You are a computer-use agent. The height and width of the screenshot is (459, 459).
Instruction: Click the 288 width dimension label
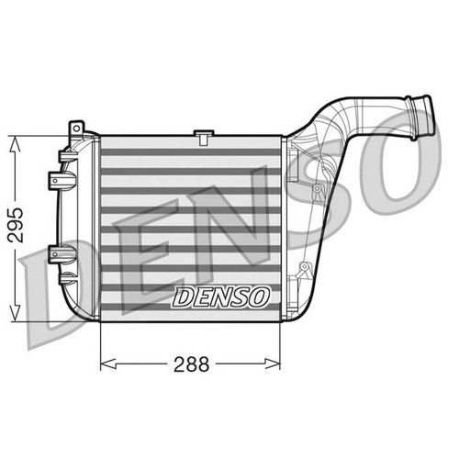(191, 363)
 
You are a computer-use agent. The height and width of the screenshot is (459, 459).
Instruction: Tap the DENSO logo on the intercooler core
(220, 297)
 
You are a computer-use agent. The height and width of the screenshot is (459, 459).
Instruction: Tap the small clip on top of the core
(201, 138)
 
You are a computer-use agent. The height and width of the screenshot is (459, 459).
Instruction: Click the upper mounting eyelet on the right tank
(317, 187)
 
